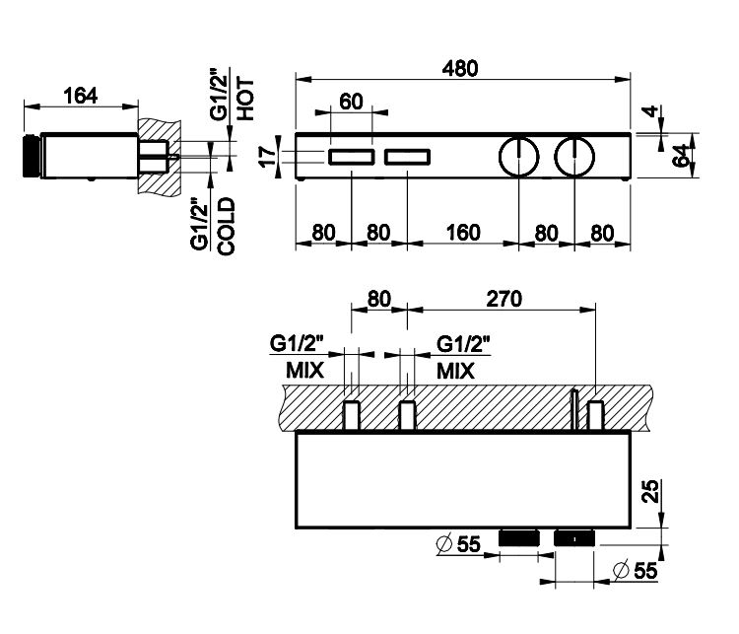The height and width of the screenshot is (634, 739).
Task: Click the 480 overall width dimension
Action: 460,69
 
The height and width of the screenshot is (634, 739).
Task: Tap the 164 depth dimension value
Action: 80,96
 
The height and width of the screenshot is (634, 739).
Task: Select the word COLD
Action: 226,226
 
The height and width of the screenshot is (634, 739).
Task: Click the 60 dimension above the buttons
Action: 352,101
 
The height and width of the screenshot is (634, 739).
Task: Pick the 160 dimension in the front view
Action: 461,233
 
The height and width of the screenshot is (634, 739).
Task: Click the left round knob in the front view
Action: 518,156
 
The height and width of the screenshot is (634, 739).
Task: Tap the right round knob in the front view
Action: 574,156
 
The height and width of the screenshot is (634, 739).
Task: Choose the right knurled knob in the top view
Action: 574,538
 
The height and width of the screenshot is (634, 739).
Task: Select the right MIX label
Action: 456,372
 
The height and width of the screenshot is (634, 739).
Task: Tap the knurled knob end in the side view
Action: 30,155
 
